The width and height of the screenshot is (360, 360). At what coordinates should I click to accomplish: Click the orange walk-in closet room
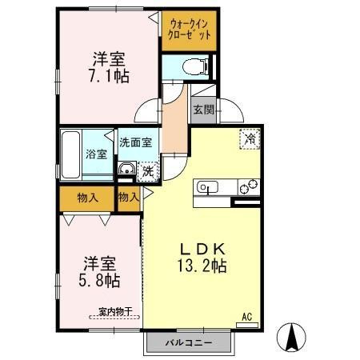(x=190, y=30)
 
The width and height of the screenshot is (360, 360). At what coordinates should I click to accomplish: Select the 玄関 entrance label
(x=202, y=109)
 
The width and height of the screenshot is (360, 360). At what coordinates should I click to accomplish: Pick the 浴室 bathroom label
(x=97, y=154)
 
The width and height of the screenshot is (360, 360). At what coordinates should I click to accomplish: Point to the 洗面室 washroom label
(x=138, y=142)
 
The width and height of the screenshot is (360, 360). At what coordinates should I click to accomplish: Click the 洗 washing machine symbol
(x=148, y=170)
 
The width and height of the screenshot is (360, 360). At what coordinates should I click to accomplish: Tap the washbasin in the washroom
(x=128, y=169)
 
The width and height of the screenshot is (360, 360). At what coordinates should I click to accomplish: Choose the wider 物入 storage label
(x=88, y=197)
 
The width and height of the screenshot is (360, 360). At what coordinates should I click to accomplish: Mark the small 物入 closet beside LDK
(x=128, y=197)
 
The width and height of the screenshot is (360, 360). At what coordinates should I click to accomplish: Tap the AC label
(x=248, y=318)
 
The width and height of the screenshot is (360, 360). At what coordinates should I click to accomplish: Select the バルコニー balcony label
(x=189, y=342)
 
